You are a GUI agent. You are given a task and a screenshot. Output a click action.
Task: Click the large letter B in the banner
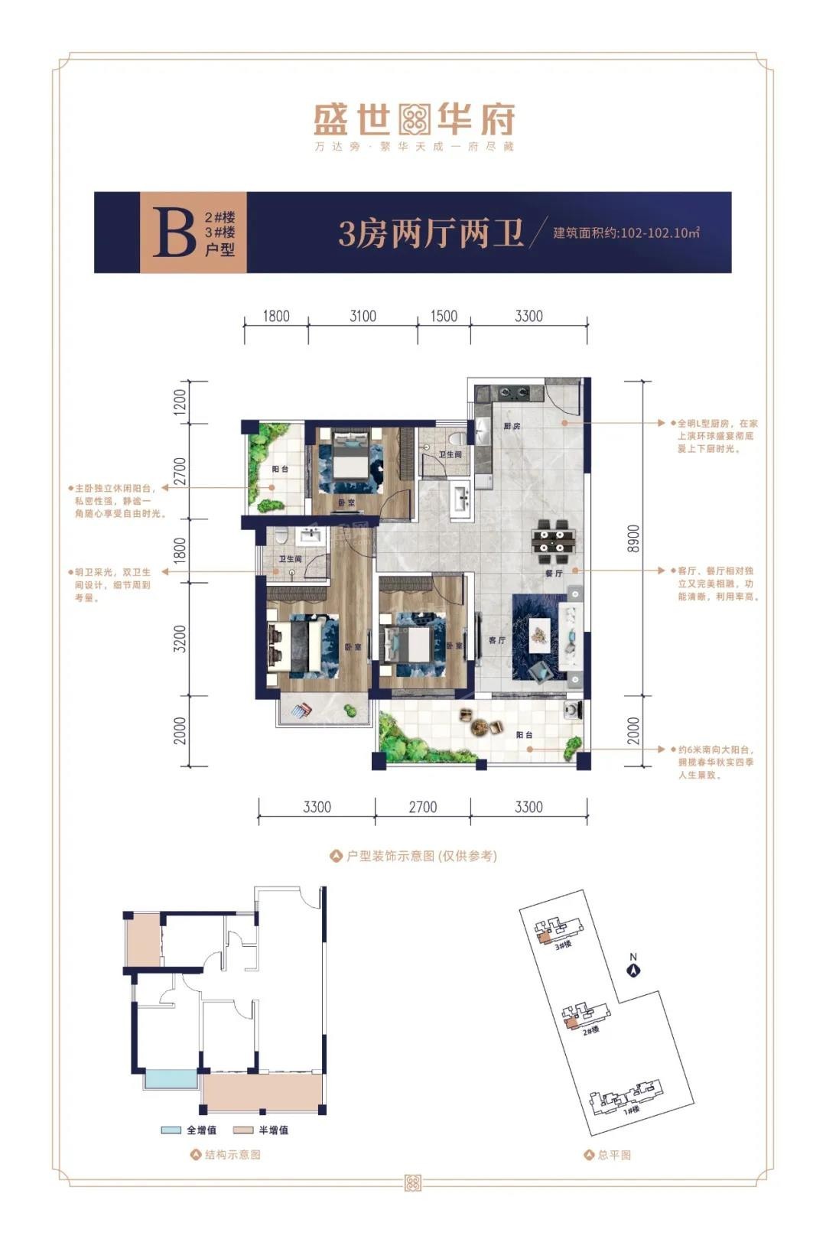coord(174,233)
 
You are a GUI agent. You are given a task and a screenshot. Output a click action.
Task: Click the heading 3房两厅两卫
coord(431,233)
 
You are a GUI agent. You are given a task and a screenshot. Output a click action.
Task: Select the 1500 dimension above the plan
coord(444,316)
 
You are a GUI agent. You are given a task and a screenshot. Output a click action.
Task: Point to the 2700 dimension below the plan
coord(422,807)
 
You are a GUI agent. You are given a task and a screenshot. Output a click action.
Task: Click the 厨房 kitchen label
coord(512,425)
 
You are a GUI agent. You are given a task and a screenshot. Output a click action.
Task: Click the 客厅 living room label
coord(496,641)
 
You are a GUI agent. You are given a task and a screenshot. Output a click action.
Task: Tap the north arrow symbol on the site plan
coord(633,970)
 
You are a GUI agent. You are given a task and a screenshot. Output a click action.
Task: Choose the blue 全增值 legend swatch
coord(171,1130)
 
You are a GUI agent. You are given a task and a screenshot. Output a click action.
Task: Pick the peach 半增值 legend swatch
coord(243,1130)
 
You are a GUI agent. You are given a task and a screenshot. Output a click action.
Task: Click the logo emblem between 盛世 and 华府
coord(414,119)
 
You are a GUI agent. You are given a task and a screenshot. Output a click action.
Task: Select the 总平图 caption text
coord(614,1155)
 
